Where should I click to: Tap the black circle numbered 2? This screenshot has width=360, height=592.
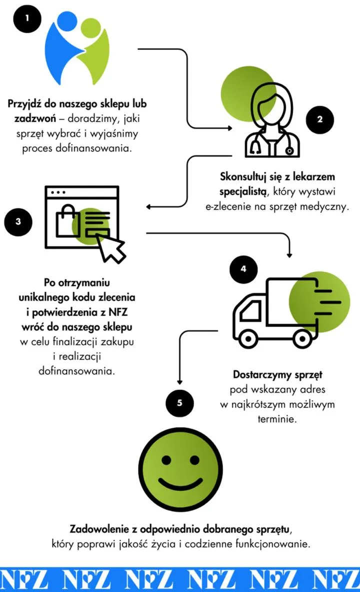coord(320,119)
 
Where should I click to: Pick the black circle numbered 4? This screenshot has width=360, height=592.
coord(243,269)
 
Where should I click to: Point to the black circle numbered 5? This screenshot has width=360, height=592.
coord(179,402)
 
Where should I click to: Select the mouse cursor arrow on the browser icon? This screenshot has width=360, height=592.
coord(111,247)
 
